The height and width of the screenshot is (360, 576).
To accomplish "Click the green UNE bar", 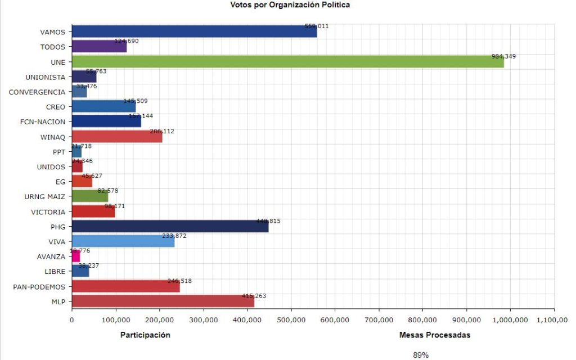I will [x=287, y=62].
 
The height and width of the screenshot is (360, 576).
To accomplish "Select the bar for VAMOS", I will [x=194, y=32].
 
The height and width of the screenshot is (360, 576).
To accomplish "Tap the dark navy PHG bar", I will [x=170, y=227].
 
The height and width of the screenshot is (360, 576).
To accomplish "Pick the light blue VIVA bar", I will [x=123, y=242].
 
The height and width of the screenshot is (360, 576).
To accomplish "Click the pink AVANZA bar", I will [x=76, y=256].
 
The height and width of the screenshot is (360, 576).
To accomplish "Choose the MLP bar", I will [x=163, y=301].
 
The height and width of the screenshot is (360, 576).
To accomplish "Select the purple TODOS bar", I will [x=99, y=47].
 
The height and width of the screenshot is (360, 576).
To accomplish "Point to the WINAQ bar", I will [x=117, y=137].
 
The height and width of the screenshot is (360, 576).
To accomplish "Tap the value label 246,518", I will [x=179, y=281].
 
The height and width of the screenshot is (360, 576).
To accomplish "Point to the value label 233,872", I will [x=173, y=236].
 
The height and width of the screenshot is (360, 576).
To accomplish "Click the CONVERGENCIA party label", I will [x=37, y=92].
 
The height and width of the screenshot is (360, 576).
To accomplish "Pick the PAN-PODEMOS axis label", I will [x=39, y=287].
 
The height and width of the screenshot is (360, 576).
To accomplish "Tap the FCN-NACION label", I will [x=42, y=121].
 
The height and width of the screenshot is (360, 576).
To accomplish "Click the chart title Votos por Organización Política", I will [x=290, y=5].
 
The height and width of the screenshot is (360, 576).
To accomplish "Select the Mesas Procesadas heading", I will [x=434, y=335].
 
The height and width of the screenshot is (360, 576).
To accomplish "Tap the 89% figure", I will [x=420, y=355].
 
